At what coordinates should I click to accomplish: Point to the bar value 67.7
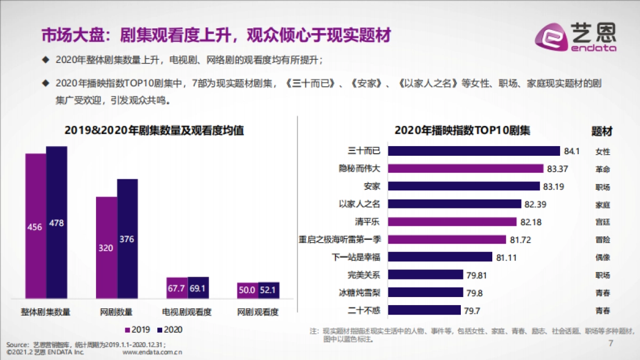point(177,288)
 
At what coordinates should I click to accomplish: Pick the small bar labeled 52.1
point(269,290)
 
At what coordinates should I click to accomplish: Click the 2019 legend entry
point(138,330)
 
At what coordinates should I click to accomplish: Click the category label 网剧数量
point(116,313)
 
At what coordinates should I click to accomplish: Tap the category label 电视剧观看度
point(187,313)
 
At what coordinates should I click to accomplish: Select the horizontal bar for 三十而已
point(474,151)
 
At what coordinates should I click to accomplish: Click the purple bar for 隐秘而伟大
point(465,169)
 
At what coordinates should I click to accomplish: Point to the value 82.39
point(535,204)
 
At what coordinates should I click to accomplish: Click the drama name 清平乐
point(367,221)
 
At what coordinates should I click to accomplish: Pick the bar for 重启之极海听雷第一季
point(446,239)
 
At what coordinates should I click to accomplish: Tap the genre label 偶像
point(603,257)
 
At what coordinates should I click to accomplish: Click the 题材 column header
point(602,131)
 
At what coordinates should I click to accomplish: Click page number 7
point(611,344)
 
